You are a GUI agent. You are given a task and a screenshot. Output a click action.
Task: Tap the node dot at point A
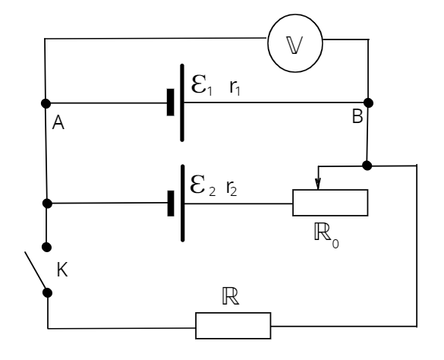pyautogui.click(x=46, y=103)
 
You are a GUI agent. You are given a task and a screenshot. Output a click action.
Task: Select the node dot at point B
pyautogui.click(x=368, y=103)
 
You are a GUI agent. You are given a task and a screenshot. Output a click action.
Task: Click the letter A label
pyautogui.click(x=58, y=123)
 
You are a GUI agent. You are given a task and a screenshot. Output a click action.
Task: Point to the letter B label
pyautogui.click(x=357, y=116)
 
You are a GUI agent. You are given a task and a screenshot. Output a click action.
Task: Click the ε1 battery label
pyautogui.click(x=202, y=85)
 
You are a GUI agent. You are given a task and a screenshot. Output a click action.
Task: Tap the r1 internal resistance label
pyautogui.click(x=235, y=87)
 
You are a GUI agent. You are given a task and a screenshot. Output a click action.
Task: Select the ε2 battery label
pyautogui.click(x=203, y=185)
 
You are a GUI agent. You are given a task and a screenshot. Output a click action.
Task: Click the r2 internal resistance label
pyautogui.click(x=231, y=188)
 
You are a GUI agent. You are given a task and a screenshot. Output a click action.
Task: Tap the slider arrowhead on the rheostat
pyautogui.click(x=318, y=183)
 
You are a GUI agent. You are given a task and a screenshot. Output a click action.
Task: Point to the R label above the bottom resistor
pyautogui.click(x=231, y=296)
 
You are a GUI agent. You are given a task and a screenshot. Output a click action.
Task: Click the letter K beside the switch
pyautogui.click(x=62, y=270)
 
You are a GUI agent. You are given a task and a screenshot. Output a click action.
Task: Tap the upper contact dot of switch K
pyautogui.click(x=47, y=247)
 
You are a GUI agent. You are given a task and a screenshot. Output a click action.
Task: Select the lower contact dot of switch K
pyautogui.click(x=48, y=293)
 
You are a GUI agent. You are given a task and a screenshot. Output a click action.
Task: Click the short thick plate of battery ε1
pyautogui.click(x=171, y=103)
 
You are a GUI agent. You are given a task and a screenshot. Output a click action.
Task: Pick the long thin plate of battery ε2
pyautogui.click(x=183, y=204)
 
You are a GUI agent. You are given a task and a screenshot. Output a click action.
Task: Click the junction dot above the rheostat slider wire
pyautogui.click(x=367, y=166)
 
